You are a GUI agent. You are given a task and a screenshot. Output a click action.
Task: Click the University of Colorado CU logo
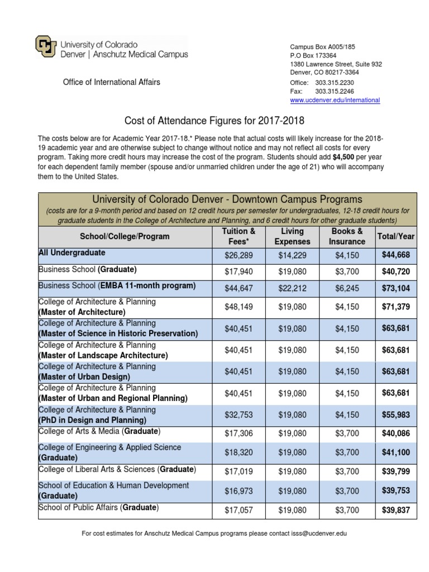45,47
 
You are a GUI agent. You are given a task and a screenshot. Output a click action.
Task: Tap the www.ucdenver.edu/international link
335,100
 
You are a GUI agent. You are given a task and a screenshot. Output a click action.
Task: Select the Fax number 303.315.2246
334,91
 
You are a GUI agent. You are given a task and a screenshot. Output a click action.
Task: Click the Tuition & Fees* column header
239,236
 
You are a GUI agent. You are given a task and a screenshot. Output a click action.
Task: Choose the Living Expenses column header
292,236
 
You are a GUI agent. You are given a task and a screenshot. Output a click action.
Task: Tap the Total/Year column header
396,236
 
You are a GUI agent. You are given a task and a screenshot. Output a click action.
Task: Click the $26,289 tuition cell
239,255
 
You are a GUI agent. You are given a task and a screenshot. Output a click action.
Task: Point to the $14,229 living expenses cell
292,255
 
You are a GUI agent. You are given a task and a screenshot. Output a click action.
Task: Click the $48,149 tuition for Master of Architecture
239,307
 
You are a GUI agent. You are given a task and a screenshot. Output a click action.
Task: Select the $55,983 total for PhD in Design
396,415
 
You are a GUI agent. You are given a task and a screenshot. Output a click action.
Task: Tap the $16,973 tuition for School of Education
239,490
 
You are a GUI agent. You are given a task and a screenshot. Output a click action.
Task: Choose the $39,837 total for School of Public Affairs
396,510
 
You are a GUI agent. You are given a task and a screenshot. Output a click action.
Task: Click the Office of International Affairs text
111,82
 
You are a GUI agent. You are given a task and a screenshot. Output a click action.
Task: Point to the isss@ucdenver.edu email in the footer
316,533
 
